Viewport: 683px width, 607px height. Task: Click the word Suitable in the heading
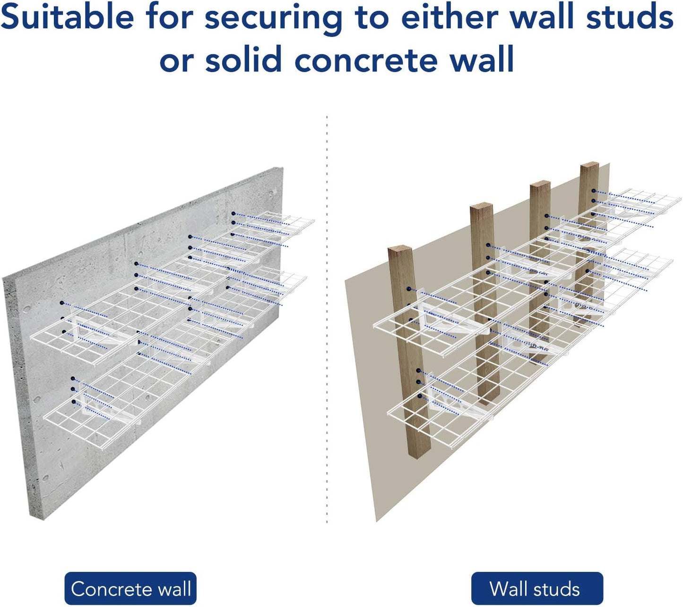(68, 18)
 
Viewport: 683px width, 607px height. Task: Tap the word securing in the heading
(273, 18)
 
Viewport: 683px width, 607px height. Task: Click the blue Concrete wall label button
(130, 589)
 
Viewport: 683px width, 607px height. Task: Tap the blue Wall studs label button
(537, 589)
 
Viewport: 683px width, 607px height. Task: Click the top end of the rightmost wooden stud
(589, 166)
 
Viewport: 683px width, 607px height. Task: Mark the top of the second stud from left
(482, 208)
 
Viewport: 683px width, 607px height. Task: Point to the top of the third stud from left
(540, 184)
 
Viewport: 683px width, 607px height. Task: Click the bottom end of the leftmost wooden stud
(417, 455)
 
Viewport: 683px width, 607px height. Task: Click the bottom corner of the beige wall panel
(377, 520)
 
